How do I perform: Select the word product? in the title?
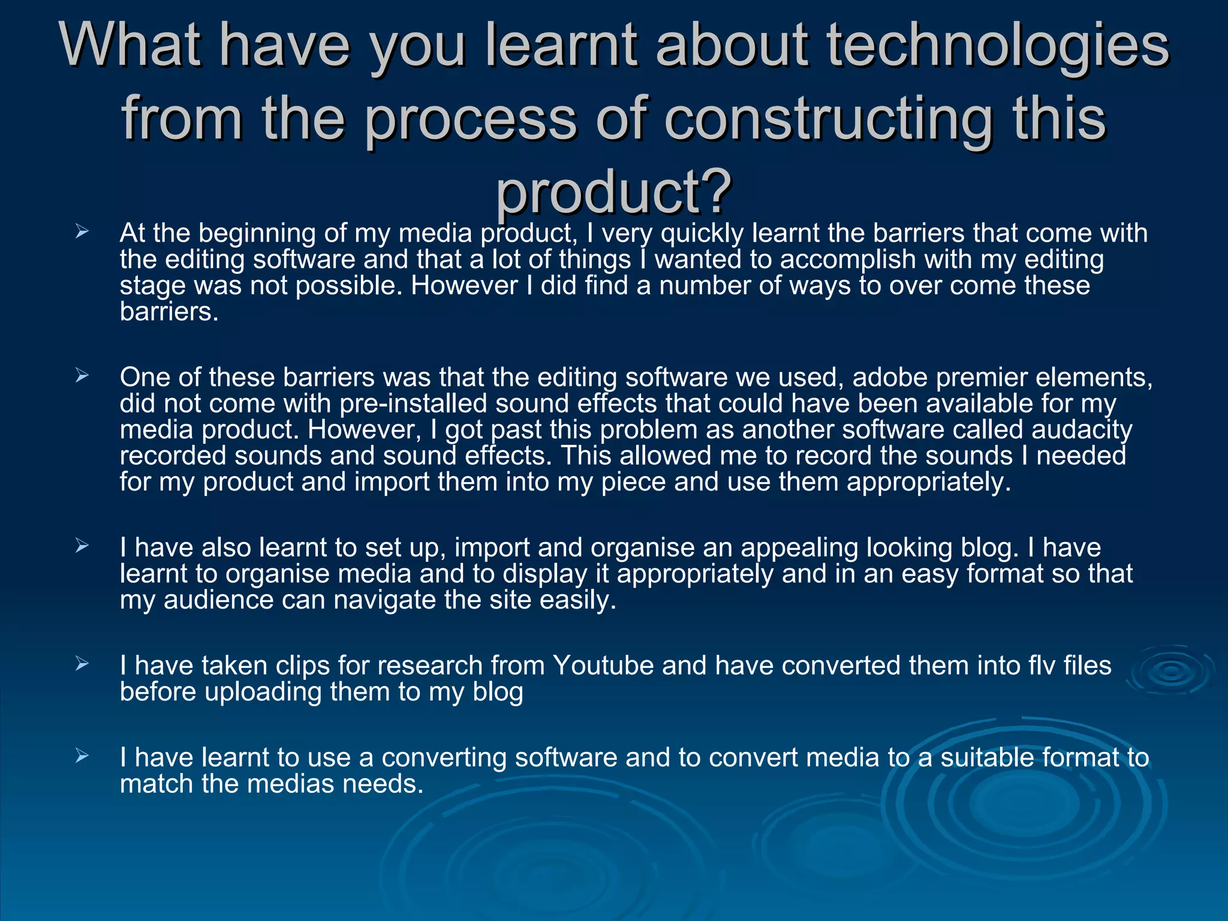pos(613,191)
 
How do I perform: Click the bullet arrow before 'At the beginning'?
pos(82,232)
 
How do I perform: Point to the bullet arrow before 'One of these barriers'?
pos(82,377)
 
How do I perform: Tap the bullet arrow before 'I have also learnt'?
pos(82,546)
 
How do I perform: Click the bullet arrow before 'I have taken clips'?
pos(82,664)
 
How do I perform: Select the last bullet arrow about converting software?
pos(82,757)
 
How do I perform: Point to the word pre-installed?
pos(413,404)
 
